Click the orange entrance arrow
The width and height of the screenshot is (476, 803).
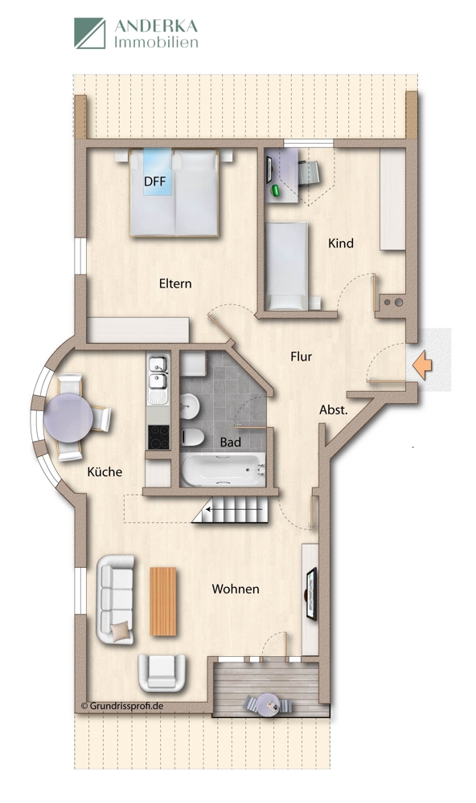[x=421, y=365]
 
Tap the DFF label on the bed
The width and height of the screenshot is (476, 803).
[x=154, y=181]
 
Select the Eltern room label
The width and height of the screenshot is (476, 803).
[x=175, y=283]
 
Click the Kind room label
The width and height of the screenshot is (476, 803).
[x=341, y=243]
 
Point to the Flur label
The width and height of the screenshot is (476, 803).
[x=301, y=357]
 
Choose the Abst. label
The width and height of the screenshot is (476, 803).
[x=334, y=410]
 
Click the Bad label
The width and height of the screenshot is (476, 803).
[x=231, y=441]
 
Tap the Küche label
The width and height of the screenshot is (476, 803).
[x=105, y=472]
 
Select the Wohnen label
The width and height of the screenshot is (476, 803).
[x=236, y=589]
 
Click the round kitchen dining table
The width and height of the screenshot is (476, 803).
[x=68, y=417]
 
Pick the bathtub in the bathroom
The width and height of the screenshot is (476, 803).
[x=223, y=470]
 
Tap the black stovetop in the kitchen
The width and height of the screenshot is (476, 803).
[x=157, y=436]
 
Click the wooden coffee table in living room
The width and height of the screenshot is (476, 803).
[x=162, y=601]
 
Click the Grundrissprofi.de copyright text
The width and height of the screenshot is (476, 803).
[x=123, y=707]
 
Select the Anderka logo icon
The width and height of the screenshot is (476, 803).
[x=90, y=34]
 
